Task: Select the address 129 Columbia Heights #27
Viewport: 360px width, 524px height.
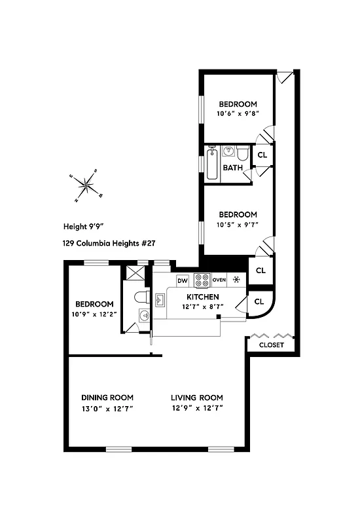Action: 109,243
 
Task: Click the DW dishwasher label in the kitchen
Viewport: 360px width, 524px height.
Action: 183,280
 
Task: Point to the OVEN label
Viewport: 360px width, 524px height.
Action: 219,280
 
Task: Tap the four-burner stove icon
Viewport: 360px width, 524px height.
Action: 202,280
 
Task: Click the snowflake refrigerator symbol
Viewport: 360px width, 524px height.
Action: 236,280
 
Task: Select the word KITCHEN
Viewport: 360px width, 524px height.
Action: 201,297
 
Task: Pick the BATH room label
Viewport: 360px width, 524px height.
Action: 232,168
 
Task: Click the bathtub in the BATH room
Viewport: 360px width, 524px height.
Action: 211,164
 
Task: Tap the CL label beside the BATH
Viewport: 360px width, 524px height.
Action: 262,155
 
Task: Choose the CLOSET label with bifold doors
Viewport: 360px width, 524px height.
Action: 272,345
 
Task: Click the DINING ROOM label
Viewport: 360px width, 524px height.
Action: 107,398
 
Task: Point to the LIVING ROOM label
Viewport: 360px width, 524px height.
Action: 197,398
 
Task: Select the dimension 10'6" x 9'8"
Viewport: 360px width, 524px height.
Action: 238,113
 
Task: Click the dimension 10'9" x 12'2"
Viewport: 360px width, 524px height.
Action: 94,314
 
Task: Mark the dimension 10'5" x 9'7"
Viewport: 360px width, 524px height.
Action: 237,224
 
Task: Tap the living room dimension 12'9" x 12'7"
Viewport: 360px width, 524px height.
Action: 197,410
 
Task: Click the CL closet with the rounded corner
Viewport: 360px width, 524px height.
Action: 259,301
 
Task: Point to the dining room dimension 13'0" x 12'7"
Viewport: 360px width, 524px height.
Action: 107,410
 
